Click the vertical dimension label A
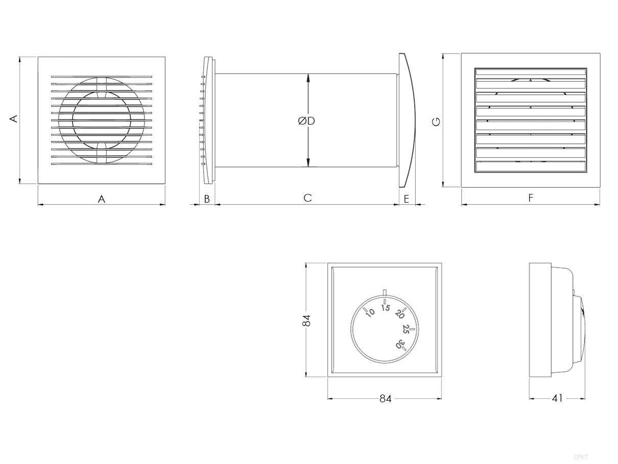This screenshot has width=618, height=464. (14, 119)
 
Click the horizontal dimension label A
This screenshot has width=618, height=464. (102, 199)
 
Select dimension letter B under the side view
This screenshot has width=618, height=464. (207, 199)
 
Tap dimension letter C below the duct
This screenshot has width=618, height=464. (307, 198)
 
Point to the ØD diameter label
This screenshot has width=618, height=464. (306, 121)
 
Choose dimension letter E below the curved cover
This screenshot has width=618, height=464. (407, 199)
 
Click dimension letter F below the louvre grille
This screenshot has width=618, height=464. (531, 198)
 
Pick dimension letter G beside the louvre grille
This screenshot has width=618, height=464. (436, 122)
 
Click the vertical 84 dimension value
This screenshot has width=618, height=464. (306, 321)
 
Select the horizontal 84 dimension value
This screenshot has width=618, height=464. (385, 399)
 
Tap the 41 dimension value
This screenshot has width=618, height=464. (557, 398)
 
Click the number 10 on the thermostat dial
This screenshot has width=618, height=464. (370, 312)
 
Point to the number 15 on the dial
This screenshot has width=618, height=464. (386, 308)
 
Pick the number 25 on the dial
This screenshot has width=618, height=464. (406, 329)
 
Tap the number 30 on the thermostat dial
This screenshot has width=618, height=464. (401, 344)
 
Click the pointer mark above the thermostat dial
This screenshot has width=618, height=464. (385, 291)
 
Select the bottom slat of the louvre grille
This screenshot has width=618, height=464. (531, 166)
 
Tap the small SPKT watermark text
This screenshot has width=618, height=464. (580, 457)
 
